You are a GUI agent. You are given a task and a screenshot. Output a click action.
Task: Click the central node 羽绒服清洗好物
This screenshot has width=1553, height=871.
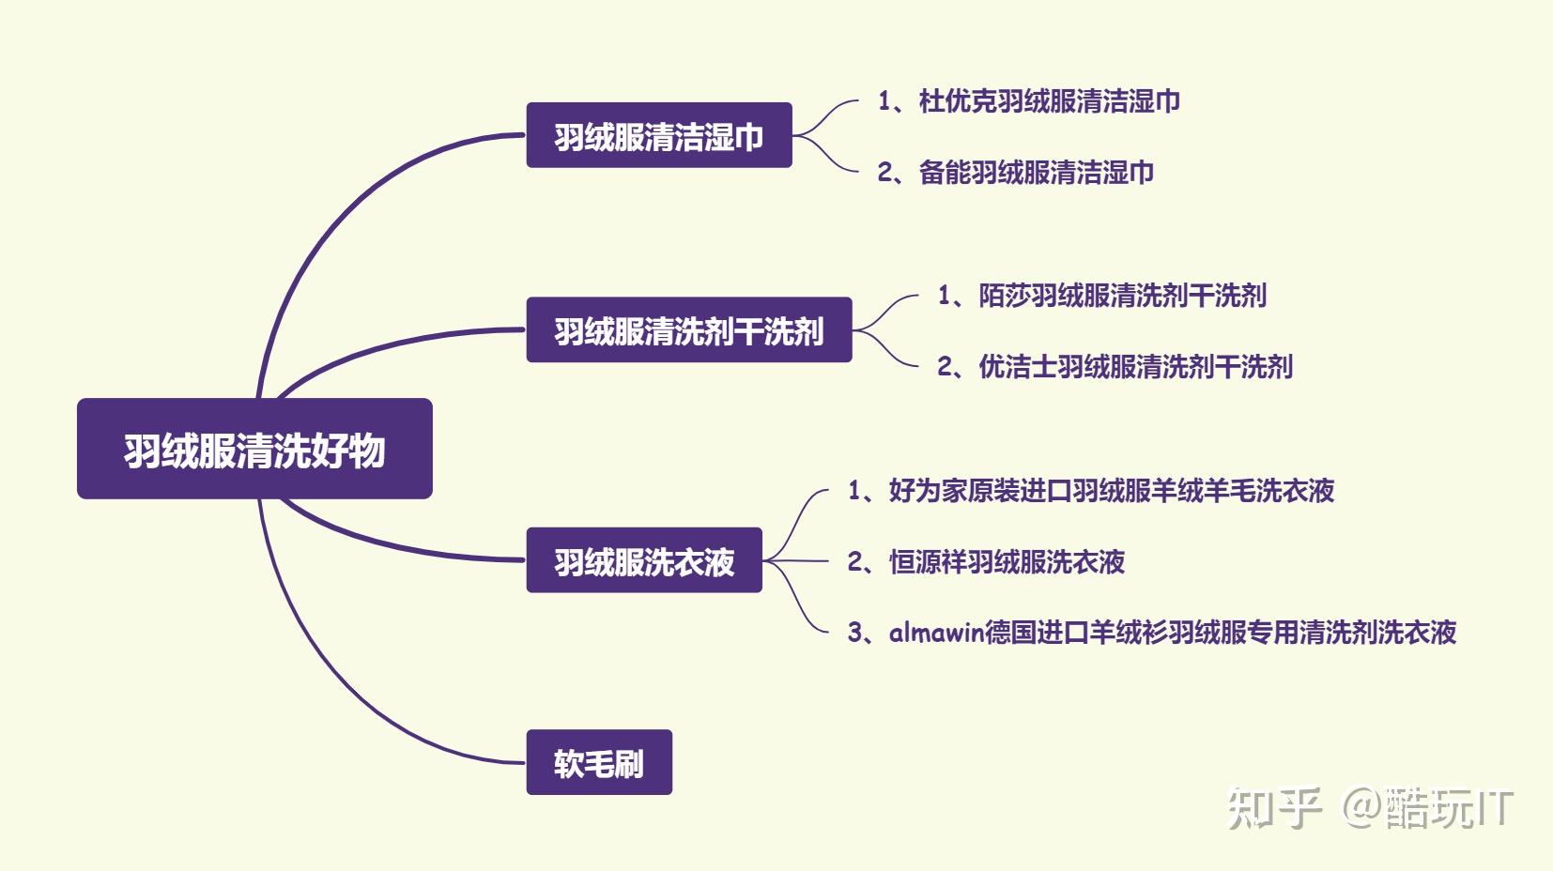point(254,449)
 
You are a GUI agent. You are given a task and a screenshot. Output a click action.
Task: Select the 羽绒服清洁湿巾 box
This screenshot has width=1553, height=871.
point(658,135)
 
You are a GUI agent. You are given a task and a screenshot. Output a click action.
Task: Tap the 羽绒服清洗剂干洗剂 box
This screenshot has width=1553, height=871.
point(689,329)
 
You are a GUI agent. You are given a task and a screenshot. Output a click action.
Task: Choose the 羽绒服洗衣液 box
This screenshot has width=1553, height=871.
point(644,560)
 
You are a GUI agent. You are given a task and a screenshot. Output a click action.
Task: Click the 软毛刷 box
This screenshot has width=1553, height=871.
point(599,762)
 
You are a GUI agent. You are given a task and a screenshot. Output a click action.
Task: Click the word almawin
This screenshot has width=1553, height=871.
point(937,632)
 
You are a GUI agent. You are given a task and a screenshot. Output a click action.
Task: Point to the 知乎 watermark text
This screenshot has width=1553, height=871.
point(1274,808)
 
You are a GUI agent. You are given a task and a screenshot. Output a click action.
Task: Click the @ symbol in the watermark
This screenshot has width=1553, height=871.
point(1363,807)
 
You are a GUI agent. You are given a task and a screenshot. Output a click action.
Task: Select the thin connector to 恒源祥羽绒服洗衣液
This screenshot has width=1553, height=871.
point(796,560)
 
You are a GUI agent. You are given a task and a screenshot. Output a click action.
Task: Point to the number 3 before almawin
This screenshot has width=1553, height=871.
point(854,632)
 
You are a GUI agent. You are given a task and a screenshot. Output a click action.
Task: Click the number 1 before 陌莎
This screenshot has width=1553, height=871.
point(945,296)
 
